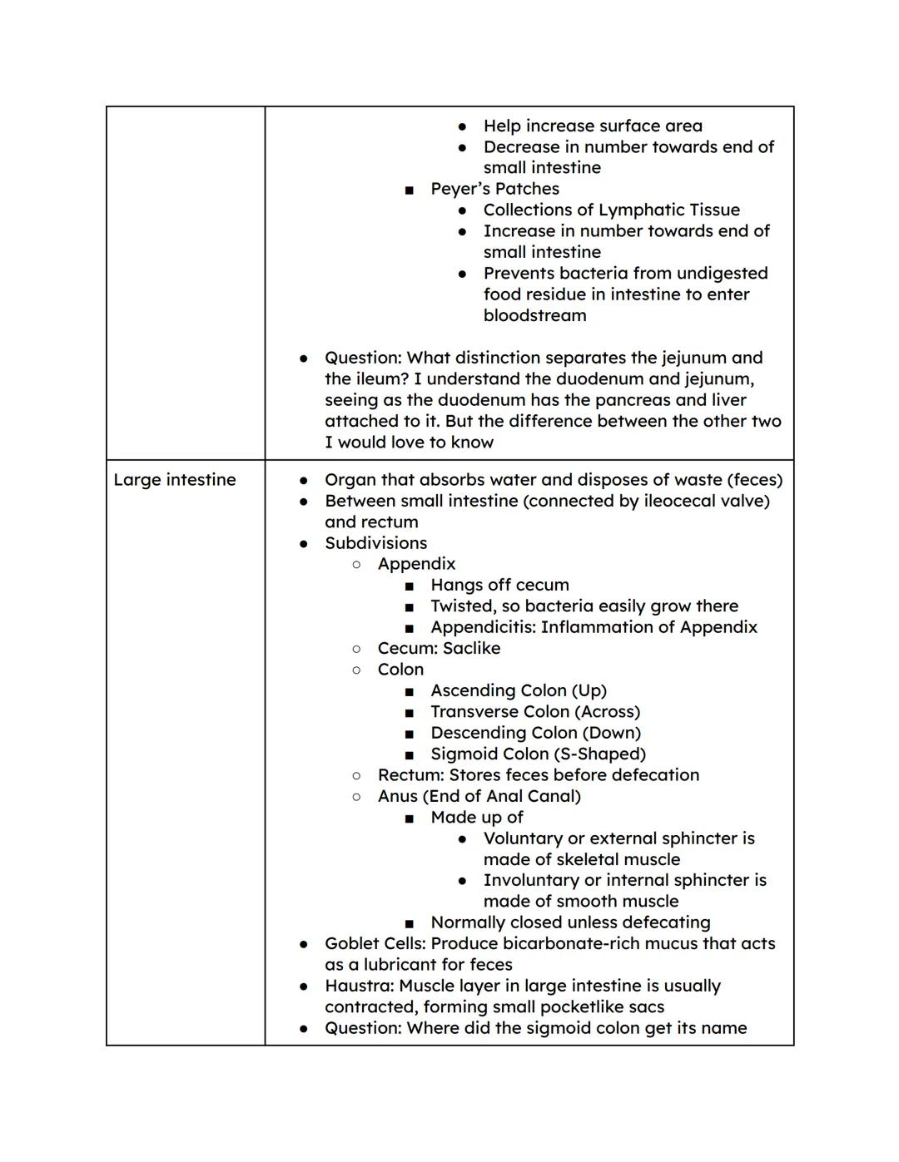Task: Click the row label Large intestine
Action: (x=174, y=480)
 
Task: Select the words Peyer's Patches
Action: (x=494, y=189)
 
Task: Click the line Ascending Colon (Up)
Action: (x=518, y=690)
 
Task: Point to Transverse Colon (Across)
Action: (x=534, y=712)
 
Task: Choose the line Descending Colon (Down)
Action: (x=535, y=733)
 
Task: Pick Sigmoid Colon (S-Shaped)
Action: (x=538, y=754)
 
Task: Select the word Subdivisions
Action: (x=375, y=543)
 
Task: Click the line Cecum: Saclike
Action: (x=439, y=649)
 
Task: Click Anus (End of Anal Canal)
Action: (x=479, y=796)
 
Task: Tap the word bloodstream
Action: (x=534, y=315)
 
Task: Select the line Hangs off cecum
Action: (x=499, y=585)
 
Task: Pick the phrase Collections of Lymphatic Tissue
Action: (x=611, y=210)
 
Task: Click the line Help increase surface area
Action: (x=593, y=126)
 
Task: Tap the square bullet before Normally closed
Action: (x=409, y=923)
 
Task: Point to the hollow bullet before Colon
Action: (x=356, y=670)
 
